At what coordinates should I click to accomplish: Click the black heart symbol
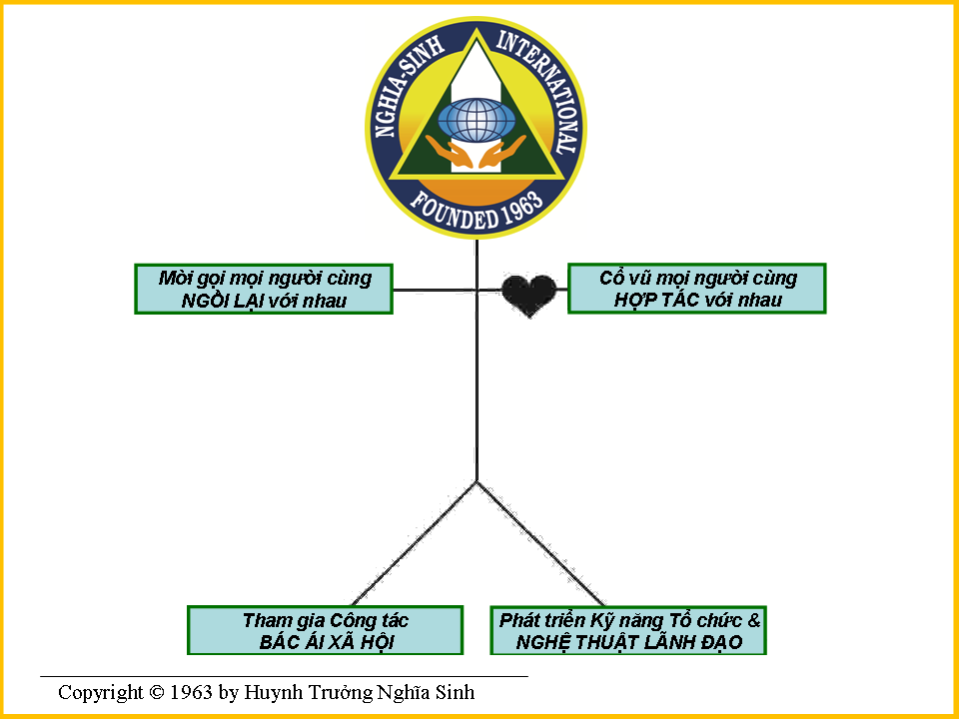click(x=528, y=295)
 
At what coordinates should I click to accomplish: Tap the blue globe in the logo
click(x=476, y=120)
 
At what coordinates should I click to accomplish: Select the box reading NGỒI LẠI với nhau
click(x=264, y=289)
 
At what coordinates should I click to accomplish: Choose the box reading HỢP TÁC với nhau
click(x=697, y=289)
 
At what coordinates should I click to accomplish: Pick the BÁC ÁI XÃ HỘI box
click(x=326, y=630)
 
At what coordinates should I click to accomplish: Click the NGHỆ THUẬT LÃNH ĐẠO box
click(x=629, y=630)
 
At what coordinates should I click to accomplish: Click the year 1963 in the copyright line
click(x=191, y=692)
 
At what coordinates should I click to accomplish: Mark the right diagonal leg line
click(x=539, y=543)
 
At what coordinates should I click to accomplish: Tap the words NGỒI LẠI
click(x=226, y=301)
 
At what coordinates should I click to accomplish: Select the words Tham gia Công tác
click(x=326, y=620)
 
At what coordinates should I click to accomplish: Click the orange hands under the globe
click(x=476, y=154)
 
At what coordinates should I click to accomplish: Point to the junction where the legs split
click(x=478, y=482)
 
